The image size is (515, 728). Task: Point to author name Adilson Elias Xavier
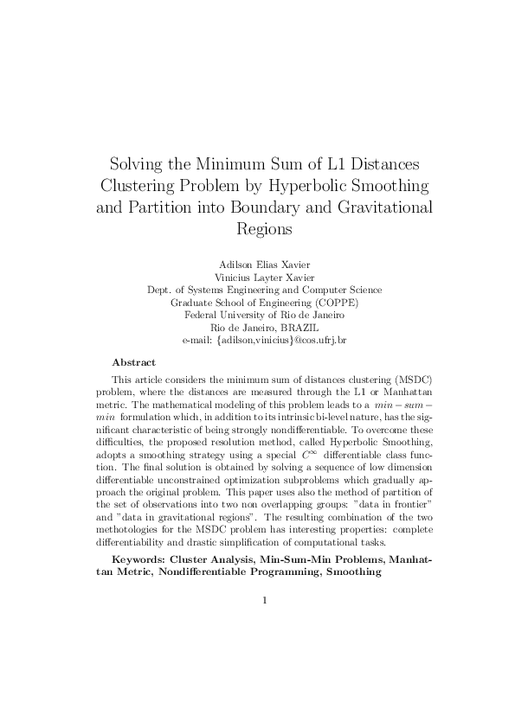(x=258, y=263)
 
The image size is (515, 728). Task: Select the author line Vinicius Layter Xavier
(x=258, y=277)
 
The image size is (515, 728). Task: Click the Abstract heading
(x=134, y=362)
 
